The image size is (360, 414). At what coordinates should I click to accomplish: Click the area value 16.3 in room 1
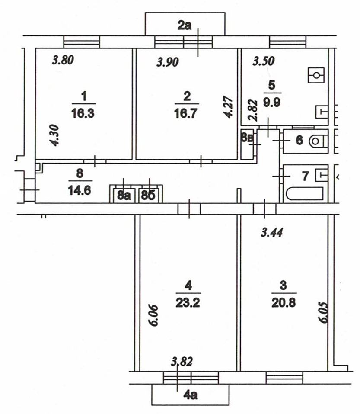pos(83,114)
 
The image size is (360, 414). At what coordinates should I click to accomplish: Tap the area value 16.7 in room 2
pos(186,114)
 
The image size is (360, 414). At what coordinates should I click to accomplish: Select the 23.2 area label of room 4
pos(188,303)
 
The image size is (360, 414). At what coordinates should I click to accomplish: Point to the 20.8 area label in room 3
pos(284,303)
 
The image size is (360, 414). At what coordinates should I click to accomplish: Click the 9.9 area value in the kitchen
pos(272,102)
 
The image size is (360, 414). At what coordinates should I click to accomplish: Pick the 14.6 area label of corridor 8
pos(80,190)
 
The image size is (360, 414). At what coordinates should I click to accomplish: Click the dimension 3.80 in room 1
pos(63,60)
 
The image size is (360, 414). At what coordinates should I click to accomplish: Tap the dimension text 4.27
pos(227,108)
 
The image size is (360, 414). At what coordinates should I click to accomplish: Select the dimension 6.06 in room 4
pos(153,316)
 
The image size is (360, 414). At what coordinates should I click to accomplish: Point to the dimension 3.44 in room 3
pos(272,233)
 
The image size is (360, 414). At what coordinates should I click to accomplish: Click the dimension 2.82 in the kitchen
pos(252,110)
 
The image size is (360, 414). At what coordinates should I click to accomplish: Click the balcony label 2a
pos(185,26)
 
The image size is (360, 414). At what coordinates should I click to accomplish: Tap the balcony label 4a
pos(191,395)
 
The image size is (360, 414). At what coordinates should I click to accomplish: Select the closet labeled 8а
pos(124,196)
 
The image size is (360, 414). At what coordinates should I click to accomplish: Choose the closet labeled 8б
pos(148,196)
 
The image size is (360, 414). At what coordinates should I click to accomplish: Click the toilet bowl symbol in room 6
pos(318,141)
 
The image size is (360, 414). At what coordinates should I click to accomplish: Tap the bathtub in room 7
pos(305,194)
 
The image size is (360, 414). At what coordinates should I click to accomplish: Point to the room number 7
pos(306,177)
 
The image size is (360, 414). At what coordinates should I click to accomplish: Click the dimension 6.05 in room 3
pos(324,313)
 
